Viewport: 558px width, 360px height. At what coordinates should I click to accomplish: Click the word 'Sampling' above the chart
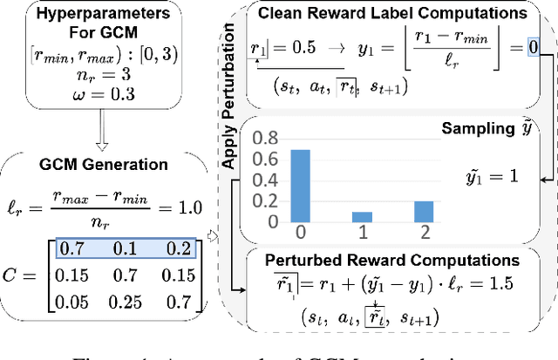(x=471, y=128)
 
